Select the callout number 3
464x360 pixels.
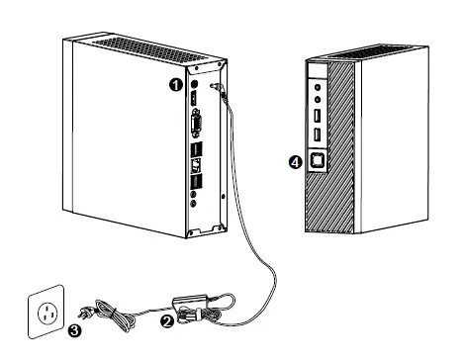click(x=74, y=332)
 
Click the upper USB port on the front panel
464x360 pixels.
click(x=319, y=116)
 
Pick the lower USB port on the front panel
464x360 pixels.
click(x=319, y=134)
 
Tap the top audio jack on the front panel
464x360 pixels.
click(x=319, y=87)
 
